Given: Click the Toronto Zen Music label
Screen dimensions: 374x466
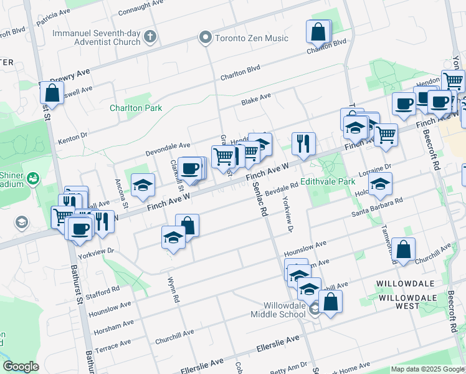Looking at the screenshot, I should (251, 39).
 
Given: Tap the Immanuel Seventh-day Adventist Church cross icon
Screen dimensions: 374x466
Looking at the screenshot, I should (149, 37).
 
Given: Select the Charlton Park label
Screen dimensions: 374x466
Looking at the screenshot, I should (136, 108).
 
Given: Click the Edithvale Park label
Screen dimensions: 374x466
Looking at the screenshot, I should (328, 181).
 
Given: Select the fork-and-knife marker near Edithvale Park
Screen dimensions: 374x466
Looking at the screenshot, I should (303, 143).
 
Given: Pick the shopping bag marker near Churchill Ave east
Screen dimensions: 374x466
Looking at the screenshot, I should (404, 249).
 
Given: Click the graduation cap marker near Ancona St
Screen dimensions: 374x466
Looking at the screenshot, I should (143, 184).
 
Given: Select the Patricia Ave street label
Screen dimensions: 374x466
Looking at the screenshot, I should (53, 17).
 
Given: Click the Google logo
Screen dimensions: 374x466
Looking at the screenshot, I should (21, 367).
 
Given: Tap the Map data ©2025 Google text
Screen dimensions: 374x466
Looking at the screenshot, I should (427, 369).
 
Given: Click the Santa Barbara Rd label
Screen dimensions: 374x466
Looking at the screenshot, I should (378, 208).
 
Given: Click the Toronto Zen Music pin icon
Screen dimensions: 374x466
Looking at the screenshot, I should (204, 39).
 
